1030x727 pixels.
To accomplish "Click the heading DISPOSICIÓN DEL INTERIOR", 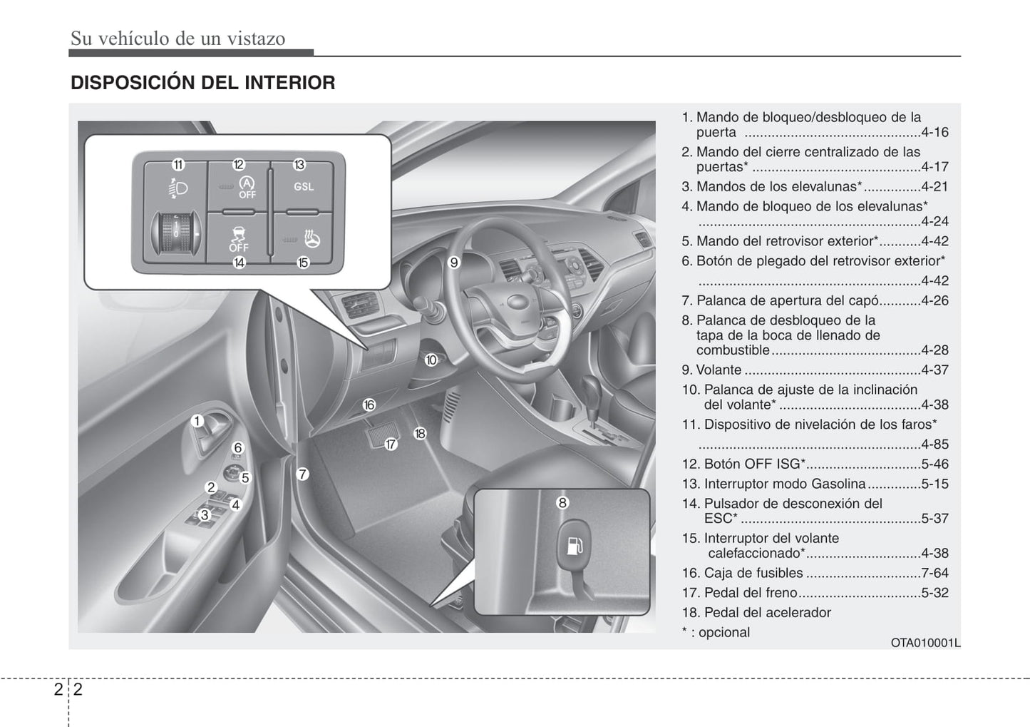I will (x=202, y=83).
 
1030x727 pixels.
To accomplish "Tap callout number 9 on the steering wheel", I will (x=454, y=263).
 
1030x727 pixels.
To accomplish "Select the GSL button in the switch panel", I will (x=304, y=187).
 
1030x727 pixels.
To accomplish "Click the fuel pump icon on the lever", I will (x=575, y=547).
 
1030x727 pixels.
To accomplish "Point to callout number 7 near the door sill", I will (x=302, y=474).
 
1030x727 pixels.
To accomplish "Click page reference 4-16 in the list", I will (x=934, y=133).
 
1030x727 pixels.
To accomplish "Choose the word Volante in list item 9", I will (x=719, y=370).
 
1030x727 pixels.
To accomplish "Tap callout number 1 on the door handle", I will (x=197, y=421).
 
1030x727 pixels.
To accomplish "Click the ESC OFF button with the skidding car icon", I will (x=238, y=238).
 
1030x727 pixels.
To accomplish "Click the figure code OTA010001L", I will (x=925, y=643).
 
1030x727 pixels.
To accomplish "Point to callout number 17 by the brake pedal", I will (x=391, y=444).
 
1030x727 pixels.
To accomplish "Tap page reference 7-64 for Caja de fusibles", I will (x=934, y=573).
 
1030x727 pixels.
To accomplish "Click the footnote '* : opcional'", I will (x=716, y=633).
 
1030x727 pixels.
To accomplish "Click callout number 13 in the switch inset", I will (x=299, y=165).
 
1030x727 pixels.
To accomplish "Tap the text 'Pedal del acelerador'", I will (x=767, y=613).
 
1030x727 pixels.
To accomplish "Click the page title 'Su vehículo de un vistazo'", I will (x=177, y=39).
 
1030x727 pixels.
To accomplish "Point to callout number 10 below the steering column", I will (x=431, y=360).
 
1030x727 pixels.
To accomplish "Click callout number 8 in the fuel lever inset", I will (x=562, y=503).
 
